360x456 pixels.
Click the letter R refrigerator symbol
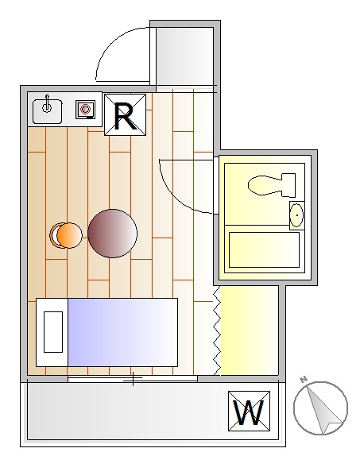click(x=125, y=114)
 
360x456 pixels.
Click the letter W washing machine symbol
click(x=249, y=411)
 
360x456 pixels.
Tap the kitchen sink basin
click(x=47, y=111)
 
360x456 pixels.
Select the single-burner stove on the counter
click(x=85, y=110)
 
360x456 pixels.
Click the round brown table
click(x=112, y=234)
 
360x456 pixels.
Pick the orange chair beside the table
click(x=66, y=235)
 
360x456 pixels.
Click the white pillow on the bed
click(x=53, y=332)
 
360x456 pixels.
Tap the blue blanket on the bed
click(x=122, y=332)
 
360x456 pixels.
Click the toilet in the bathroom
click(x=272, y=184)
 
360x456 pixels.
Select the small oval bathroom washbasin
click(x=297, y=215)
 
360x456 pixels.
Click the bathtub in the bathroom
click(x=265, y=249)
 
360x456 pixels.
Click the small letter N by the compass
click(x=304, y=379)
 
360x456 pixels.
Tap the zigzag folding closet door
click(x=217, y=330)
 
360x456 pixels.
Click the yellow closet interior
click(x=250, y=330)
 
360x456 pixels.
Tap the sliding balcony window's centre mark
click(x=133, y=379)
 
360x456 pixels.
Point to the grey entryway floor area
click(x=185, y=56)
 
